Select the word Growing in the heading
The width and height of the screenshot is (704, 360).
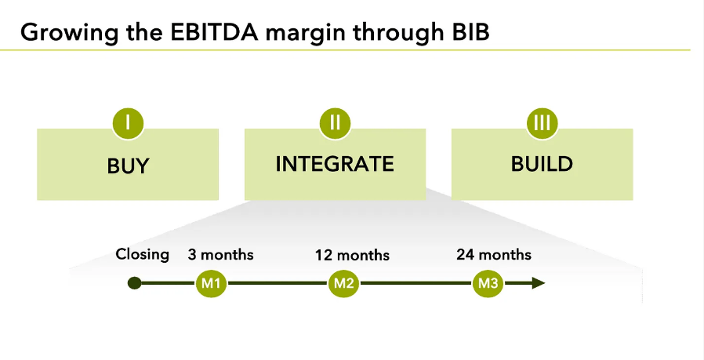[62, 32]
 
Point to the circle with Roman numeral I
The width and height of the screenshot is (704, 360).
[128, 122]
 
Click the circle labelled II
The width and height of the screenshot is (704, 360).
[335, 122]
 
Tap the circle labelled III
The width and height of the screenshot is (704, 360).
[542, 122]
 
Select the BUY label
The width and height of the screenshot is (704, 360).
[128, 166]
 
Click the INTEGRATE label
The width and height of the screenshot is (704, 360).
[335, 164]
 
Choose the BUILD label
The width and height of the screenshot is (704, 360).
[542, 164]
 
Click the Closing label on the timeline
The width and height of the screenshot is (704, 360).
[142, 254]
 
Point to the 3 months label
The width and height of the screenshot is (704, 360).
[220, 255]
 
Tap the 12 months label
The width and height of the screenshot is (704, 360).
[352, 256]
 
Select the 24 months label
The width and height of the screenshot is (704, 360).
[494, 255]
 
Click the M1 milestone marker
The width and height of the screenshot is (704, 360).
[211, 283]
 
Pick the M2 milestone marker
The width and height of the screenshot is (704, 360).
[343, 283]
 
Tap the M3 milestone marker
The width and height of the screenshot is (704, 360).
[487, 283]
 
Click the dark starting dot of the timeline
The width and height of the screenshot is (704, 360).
[135, 283]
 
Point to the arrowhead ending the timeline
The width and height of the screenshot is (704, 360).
[539, 283]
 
